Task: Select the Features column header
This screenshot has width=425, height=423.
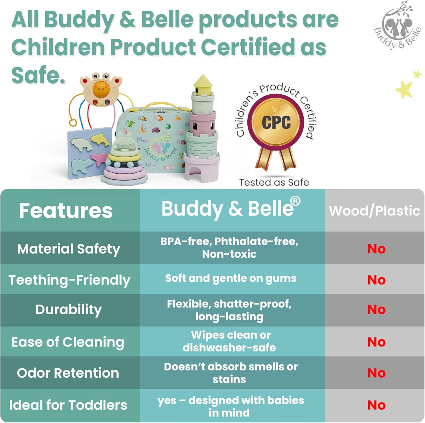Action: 66,211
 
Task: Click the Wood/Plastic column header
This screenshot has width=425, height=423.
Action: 375,211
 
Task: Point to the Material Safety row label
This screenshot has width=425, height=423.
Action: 69,249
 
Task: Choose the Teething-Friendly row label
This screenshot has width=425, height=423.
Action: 69,280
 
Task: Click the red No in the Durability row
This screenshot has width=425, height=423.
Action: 377,309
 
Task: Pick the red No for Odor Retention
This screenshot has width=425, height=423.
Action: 377,373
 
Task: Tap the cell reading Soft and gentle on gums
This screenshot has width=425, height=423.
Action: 231,278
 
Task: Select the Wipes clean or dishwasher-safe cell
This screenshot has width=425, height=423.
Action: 229,341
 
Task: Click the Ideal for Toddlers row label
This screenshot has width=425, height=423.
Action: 68,405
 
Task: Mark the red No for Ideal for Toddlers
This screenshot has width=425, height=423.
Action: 377,405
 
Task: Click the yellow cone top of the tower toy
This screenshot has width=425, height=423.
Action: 203,84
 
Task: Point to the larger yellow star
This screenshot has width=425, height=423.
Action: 404,90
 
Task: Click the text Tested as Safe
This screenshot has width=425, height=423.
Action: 274,182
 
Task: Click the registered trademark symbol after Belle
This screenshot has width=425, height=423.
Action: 295,201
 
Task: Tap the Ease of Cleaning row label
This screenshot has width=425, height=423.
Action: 68,342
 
